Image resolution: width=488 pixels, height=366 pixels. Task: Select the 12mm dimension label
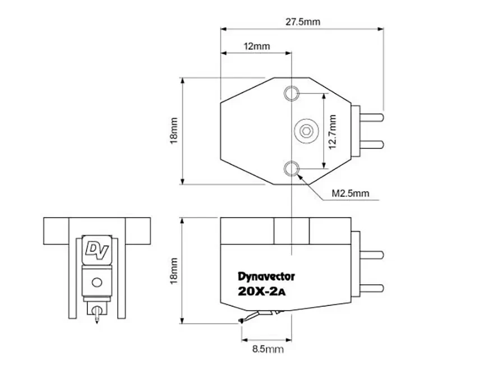255,46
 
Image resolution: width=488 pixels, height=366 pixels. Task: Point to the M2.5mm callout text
351,193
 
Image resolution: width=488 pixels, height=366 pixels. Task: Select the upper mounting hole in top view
291,92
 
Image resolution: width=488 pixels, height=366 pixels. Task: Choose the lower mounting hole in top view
291,168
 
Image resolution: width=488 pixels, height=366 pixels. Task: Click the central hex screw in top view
306,131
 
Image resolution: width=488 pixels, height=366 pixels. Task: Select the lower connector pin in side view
371,287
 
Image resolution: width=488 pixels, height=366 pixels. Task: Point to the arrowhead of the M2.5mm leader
300,175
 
